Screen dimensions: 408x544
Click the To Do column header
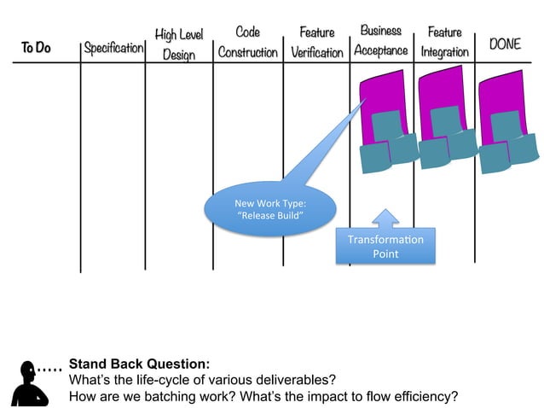coord(36,48)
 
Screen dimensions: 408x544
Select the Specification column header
coord(113,48)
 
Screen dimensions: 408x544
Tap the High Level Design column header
coord(178,44)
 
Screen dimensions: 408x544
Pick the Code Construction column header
coord(247,42)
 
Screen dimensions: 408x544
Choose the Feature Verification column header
coord(316,42)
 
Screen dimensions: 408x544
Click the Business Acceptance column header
coord(381,41)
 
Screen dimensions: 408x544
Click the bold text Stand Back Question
coord(139,363)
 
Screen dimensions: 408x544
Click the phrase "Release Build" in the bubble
coord(269,215)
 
